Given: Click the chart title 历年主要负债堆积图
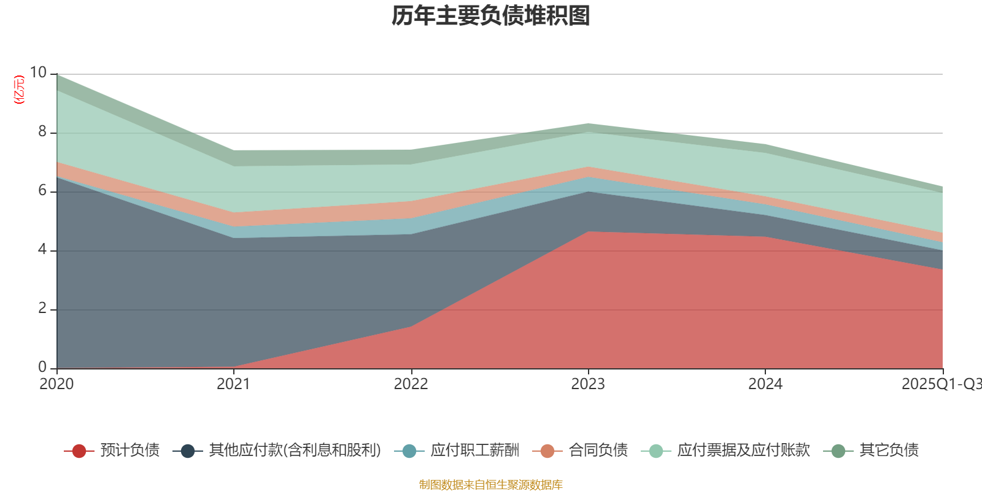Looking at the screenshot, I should (491, 16).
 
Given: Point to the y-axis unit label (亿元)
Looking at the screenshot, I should (20, 90).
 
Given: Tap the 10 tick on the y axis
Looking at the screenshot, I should (38, 72).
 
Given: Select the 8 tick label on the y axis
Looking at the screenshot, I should (42, 131).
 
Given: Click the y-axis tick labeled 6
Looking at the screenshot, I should (42, 190).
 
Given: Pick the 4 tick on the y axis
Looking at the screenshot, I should (42, 249).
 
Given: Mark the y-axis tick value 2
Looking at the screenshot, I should (42, 308).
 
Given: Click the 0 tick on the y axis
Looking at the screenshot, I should (42, 367).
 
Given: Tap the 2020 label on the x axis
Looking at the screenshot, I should (56, 384).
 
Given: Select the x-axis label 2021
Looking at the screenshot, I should (234, 384).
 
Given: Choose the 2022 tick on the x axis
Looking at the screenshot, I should (411, 384).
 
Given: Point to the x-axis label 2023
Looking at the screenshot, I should (588, 384).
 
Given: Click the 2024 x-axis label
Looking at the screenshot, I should (765, 384).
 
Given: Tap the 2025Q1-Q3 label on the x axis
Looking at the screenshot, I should (941, 384).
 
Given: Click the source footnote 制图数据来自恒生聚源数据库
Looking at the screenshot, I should (491, 485).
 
